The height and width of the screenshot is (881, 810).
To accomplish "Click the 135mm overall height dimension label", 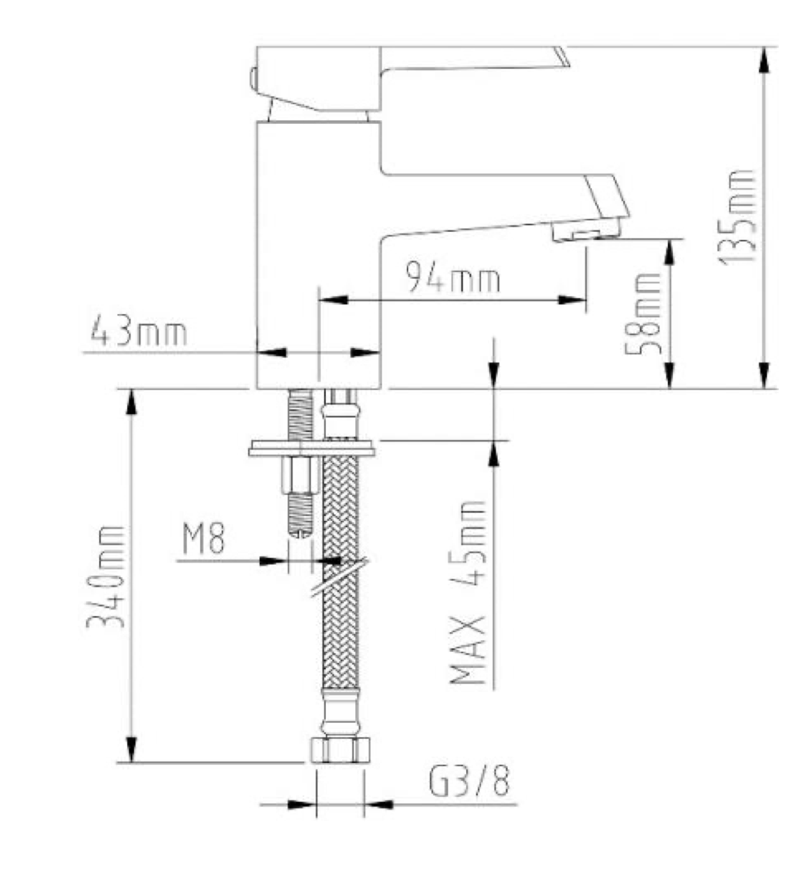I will click(x=738, y=216).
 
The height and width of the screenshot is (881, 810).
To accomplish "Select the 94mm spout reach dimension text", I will click(x=453, y=278).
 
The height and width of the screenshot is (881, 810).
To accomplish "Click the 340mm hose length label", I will click(x=105, y=576).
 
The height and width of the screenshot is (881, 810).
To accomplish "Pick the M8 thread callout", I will click(x=203, y=539).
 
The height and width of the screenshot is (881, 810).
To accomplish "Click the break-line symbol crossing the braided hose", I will click(x=339, y=578).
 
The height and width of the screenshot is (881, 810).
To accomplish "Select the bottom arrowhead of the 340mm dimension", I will click(x=131, y=751).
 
